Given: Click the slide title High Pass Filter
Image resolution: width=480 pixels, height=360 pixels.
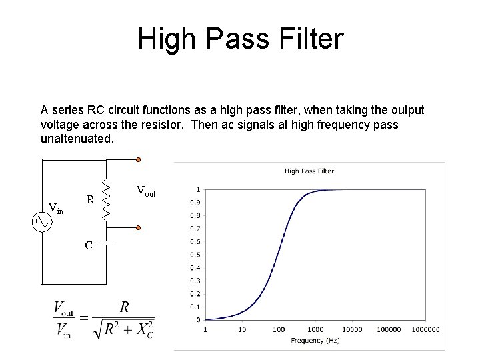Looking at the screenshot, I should click(x=240, y=39).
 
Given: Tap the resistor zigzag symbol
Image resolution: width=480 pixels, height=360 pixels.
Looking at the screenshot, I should click(x=105, y=197).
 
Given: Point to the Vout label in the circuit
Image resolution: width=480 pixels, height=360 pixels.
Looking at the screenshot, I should click(x=145, y=191).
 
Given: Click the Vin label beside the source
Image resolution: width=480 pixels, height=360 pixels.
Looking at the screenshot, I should click(x=56, y=209).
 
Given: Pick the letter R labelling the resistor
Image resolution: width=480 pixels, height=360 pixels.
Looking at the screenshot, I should click(x=90, y=199).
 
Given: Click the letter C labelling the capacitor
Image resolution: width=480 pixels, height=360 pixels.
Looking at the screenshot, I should click(x=89, y=245).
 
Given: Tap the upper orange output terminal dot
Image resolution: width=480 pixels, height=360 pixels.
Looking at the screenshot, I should click(x=138, y=160).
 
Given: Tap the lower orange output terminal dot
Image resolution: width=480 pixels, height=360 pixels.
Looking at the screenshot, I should click(x=138, y=228).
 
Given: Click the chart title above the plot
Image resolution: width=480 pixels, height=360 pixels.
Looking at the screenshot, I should click(x=309, y=171).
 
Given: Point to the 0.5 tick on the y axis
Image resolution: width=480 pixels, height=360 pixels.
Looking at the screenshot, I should click(x=195, y=255).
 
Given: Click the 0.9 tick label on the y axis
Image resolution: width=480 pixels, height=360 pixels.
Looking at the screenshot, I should click(x=195, y=203).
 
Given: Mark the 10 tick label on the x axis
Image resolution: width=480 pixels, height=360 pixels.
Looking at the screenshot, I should click(x=242, y=329).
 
